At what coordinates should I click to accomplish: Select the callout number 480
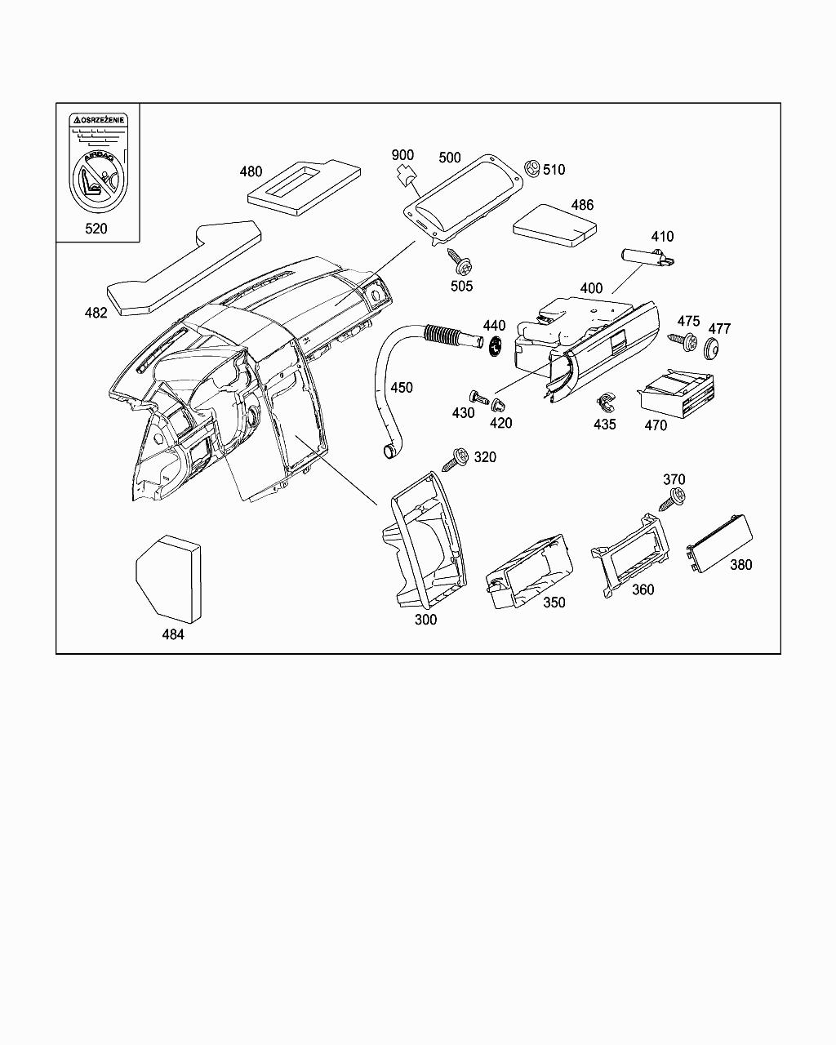[x=251, y=171]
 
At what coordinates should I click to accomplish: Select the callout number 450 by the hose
[x=401, y=387]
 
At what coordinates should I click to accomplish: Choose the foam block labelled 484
[x=168, y=577]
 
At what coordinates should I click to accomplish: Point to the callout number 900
[x=402, y=155]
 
